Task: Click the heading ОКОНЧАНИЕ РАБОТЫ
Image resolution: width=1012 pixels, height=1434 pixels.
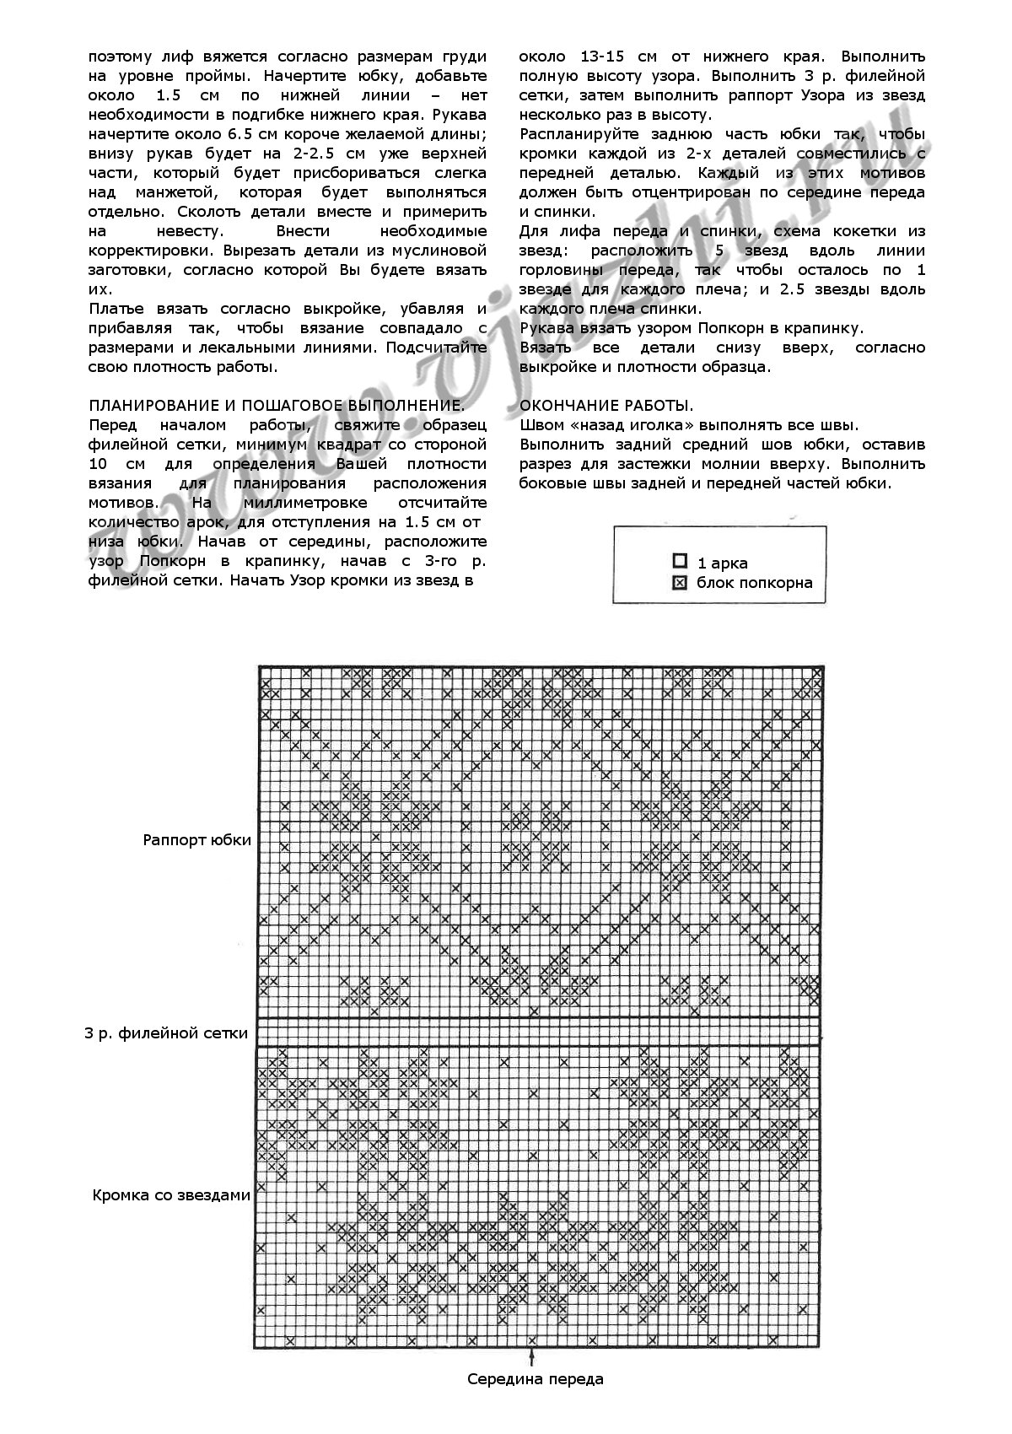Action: pyautogui.click(x=607, y=406)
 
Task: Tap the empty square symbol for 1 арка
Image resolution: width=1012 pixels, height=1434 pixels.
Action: pyautogui.click(x=680, y=562)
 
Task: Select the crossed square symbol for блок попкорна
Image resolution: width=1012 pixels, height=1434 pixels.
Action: pyautogui.click(x=680, y=582)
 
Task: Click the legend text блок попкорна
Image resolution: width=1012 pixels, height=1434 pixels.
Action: pyautogui.click(x=754, y=582)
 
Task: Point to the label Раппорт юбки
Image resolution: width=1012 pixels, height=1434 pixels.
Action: pyautogui.click(x=197, y=840)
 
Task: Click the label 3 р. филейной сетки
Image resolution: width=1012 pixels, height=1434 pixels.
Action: pyautogui.click(x=166, y=1032)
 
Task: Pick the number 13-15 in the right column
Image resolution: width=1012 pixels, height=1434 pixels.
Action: pyautogui.click(x=610, y=57)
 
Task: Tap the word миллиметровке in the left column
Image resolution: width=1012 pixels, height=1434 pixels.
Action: pyautogui.click(x=286, y=503)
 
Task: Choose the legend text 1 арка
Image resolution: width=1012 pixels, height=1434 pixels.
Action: pyautogui.click(x=722, y=563)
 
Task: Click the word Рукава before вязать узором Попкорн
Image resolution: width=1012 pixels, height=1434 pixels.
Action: pyautogui.click(x=549, y=328)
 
